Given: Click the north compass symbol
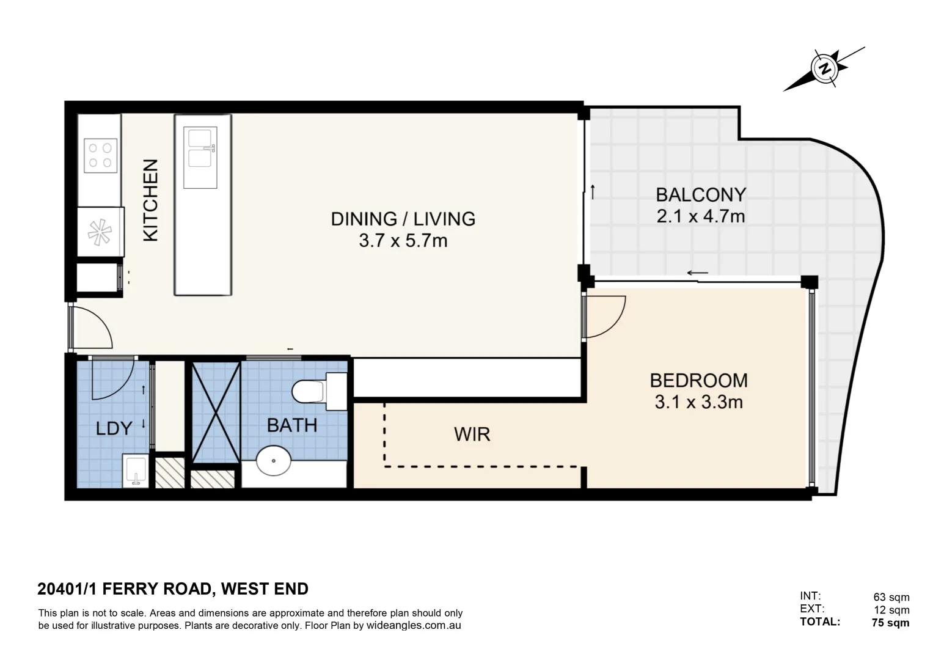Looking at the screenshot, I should (825, 68).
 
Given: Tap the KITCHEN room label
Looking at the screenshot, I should (150, 200).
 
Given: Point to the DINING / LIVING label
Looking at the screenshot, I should (403, 219).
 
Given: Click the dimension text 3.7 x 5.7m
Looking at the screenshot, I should (403, 241).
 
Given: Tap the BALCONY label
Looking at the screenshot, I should (701, 195).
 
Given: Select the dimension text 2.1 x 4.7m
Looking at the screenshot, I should (701, 216).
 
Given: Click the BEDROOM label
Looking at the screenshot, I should (698, 381).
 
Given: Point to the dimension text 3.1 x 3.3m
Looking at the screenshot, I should (698, 402).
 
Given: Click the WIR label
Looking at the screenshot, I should (472, 435).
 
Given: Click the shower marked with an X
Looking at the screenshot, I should (216, 413).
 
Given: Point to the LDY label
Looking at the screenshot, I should (114, 428).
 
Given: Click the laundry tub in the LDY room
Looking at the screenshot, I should (136, 471).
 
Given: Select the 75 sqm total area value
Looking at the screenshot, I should (890, 623).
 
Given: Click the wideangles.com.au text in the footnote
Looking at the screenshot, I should (414, 626).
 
